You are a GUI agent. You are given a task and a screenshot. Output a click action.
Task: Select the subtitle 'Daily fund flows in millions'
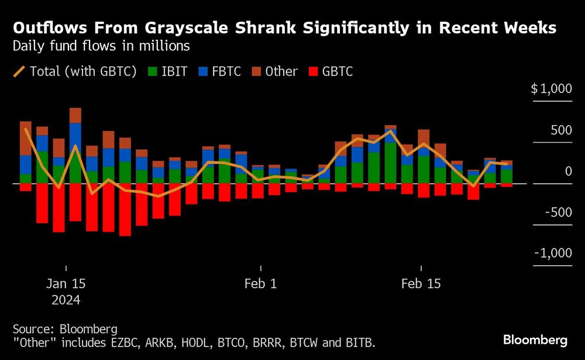[x=101, y=45]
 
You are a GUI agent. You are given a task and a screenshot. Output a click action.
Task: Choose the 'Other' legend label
[x=281, y=71]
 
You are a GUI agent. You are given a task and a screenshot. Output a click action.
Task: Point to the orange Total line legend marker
[x=19, y=71]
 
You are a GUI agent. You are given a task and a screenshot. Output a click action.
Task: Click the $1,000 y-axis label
[x=550, y=89]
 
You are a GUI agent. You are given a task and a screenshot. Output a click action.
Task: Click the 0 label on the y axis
[x=567, y=171]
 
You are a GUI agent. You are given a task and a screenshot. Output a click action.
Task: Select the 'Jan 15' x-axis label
[x=66, y=284]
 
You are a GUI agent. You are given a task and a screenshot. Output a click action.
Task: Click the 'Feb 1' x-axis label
[x=261, y=284]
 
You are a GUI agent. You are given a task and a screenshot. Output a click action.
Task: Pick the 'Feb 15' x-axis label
[x=421, y=284]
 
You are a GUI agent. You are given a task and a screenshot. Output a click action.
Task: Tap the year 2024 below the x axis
[x=66, y=300]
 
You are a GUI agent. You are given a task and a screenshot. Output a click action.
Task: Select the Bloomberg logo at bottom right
[x=535, y=340]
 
